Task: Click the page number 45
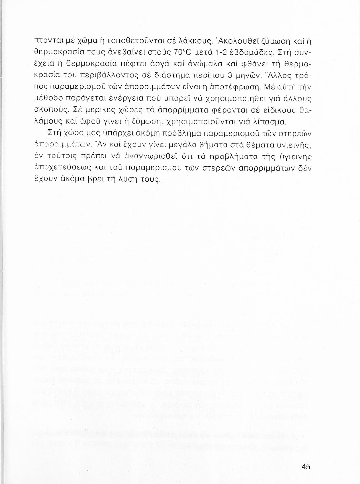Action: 305,466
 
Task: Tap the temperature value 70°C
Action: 183,52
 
